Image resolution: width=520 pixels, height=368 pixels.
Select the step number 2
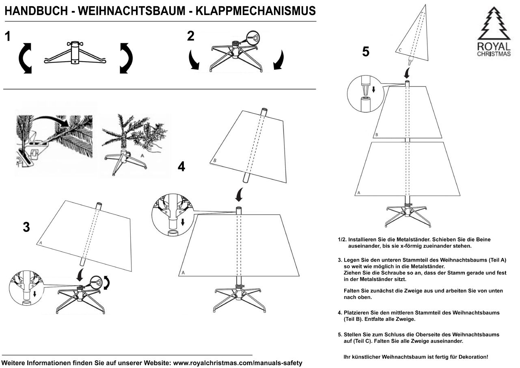tap(190, 37)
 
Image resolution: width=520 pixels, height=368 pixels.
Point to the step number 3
tap(26, 227)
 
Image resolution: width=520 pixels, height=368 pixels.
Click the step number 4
tap(181, 166)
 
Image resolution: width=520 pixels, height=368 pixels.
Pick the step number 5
tap(366, 52)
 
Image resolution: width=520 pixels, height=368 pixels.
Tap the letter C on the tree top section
tap(400, 50)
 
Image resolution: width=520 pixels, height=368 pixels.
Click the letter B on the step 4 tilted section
tap(215, 161)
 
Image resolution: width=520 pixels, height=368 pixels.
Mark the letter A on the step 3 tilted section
tap(41, 243)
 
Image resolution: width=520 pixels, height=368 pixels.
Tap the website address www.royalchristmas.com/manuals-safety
tap(237, 363)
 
